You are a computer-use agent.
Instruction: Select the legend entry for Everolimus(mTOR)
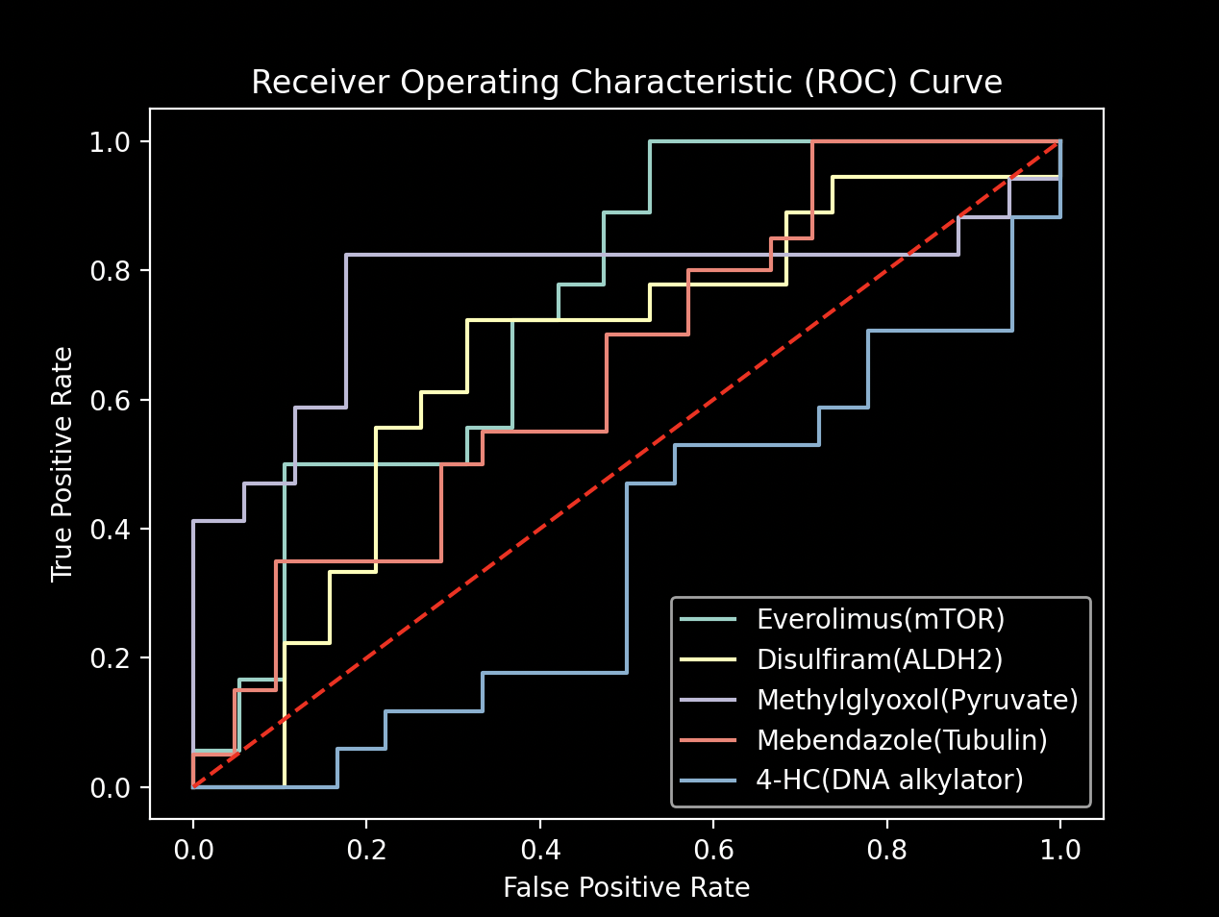pyautogui.click(x=880, y=619)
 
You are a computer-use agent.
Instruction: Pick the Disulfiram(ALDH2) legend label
pyautogui.click(x=879, y=659)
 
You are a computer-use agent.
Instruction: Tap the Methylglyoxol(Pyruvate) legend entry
pyautogui.click(x=916, y=700)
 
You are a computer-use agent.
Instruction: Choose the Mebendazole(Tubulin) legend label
pyautogui.click(x=901, y=740)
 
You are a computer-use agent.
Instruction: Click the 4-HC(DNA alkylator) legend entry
pyautogui.click(x=889, y=780)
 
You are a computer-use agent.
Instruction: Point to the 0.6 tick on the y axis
pyautogui.click(x=109, y=400)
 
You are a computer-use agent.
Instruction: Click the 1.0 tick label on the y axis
pyautogui.click(x=109, y=142)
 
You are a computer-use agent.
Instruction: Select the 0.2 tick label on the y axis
pyautogui.click(x=109, y=658)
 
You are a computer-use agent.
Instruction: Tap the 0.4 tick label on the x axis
pyautogui.click(x=539, y=850)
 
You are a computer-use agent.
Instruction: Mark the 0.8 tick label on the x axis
pyautogui.click(x=886, y=850)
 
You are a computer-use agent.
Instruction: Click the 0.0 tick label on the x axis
pyautogui.click(x=193, y=850)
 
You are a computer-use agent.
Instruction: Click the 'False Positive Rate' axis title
pyautogui.click(x=626, y=887)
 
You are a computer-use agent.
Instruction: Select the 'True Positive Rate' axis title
pyautogui.click(x=62, y=464)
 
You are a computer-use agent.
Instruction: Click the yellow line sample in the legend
pyautogui.click(x=709, y=659)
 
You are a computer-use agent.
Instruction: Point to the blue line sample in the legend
pyautogui.click(x=709, y=780)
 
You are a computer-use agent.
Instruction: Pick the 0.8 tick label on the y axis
pyautogui.click(x=109, y=271)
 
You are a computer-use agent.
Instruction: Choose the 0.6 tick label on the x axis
pyautogui.click(x=712, y=850)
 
